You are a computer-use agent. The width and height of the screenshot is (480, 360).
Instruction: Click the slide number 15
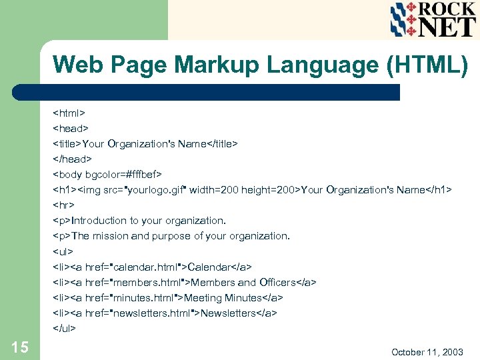coord(19,346)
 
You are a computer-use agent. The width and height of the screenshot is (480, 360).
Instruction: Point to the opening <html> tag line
coord(69,113)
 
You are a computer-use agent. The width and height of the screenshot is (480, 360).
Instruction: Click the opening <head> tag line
coord(71,128)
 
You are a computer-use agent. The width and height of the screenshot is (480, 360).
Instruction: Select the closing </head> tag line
coord(73,159)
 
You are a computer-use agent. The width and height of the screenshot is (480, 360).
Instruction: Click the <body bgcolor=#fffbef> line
coord(107,175)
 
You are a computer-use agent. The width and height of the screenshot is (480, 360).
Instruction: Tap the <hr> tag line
coord(63,205)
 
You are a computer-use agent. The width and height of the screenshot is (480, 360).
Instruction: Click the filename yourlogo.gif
coord(155,190)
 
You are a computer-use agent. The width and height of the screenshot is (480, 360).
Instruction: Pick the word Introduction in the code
coord(99,221)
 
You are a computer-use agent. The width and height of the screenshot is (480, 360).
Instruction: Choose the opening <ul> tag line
coord(63,251)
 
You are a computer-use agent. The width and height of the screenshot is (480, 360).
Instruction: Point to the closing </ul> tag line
coord(65,328)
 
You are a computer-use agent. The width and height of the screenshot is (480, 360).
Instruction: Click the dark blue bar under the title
coord(220,92)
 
